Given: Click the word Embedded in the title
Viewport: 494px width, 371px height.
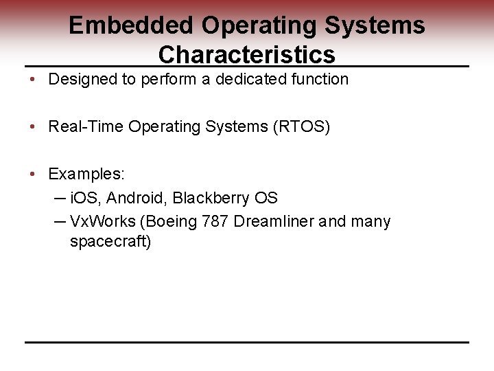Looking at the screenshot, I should [131, 25].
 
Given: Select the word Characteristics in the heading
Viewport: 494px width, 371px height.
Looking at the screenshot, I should [246, 54].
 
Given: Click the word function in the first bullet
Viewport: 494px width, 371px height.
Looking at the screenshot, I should [320, 80].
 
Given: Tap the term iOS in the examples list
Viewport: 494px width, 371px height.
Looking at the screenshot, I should [85, 199].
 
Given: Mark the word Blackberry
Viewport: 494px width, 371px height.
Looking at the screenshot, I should [211, 199].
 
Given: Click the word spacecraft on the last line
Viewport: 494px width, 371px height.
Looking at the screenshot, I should [110, 242].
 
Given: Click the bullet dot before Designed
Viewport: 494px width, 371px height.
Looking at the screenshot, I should [34, 80].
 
